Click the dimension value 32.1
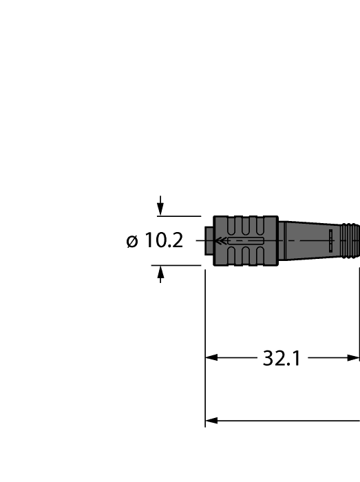[x=282, y=358]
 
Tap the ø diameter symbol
[x=132, y=241]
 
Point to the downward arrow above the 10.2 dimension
[x=160, y=207]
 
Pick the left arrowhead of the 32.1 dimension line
[x=211, y=358]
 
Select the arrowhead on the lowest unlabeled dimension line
[x=211, y=420]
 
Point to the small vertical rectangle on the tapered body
[x=330, y=240]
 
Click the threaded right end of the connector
[x=351, y=240]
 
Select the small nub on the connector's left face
[x=209, y=240]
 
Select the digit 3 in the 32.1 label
[x=269, y=358]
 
